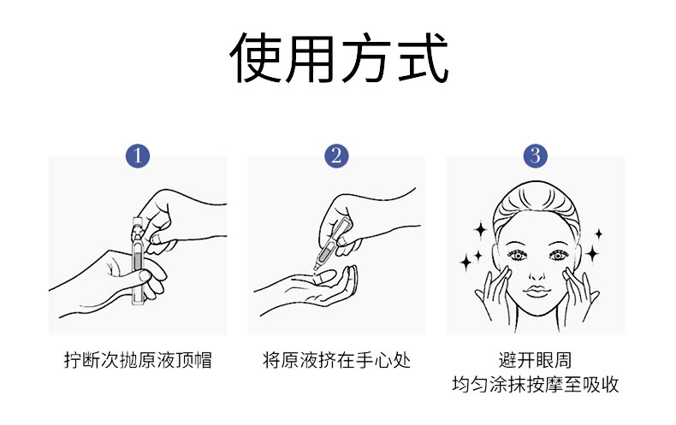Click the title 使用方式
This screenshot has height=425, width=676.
click(339, 58)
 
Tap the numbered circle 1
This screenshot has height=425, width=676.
click(138, 156)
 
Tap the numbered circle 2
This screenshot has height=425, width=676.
click(337, 156)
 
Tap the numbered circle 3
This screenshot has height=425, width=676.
click(536, 156)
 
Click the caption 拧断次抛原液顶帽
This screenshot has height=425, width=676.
click(138, 360)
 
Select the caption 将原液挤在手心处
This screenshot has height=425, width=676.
click(337, 360)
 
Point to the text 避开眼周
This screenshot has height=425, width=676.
click(536, 360)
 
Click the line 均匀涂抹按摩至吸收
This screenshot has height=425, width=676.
click(536, 385)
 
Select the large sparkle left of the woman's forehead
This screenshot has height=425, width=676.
click(480, 229)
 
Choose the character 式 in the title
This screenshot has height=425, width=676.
click(422, 58)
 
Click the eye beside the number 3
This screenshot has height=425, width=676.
click(516, 255)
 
